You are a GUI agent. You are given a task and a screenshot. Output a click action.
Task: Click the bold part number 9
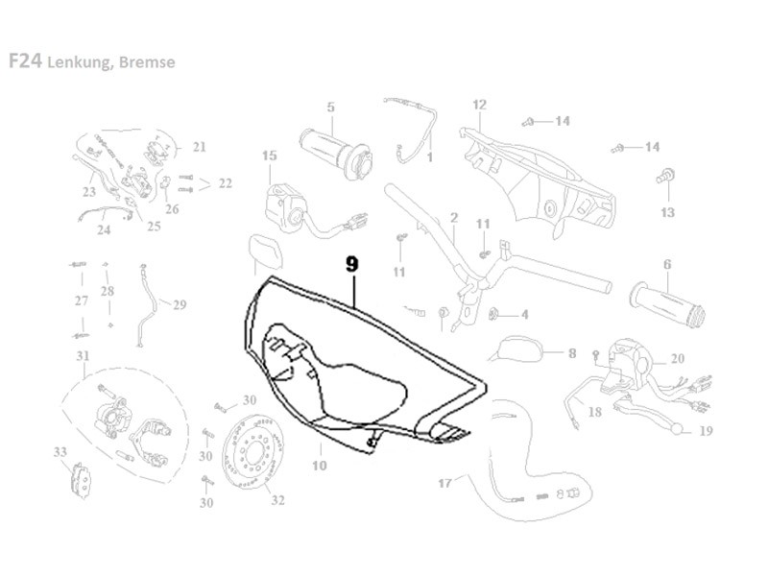coord(353,261)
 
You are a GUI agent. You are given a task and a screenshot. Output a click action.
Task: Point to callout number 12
coord(480,105)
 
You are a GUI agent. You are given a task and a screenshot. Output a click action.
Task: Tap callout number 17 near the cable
coord(444,482)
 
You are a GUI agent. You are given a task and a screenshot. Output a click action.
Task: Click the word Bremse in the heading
coord(148,62)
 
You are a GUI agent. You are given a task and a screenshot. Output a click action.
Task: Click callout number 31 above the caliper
coord(83,357)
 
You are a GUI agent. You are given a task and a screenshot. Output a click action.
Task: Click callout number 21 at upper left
coord(199,147)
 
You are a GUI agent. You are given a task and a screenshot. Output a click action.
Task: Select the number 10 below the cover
coord(320,466)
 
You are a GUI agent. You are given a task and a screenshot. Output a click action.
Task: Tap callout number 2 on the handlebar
coord(453,217)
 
